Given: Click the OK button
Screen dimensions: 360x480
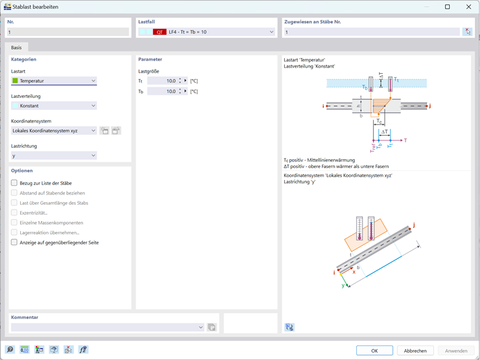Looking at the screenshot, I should coord(374,351).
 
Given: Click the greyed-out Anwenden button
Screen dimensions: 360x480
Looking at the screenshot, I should coord(456,351).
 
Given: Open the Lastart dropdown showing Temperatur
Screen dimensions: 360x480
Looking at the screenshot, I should coord(54,81).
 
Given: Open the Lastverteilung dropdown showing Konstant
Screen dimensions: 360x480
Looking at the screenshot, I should coord(54,105).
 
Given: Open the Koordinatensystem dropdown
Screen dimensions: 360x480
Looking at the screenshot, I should coord(54,131).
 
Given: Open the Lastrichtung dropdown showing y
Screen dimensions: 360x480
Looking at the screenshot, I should coord(54,155).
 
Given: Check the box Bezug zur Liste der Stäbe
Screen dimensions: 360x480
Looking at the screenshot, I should coord(15,183).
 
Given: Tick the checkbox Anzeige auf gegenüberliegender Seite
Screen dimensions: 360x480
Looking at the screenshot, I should coord(15,243).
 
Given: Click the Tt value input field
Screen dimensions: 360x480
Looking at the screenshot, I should coord(162,81).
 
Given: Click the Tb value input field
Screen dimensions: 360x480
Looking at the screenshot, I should coord(162,92).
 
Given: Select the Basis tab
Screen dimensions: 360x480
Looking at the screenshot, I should coord(16,47).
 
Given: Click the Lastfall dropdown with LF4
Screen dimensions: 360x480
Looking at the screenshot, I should coord(207,32).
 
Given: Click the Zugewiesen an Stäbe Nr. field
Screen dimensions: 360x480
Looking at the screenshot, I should coord(371,32).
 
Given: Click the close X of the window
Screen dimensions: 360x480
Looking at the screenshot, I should coord(469,7).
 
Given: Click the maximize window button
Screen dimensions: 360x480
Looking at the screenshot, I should coord(447,7).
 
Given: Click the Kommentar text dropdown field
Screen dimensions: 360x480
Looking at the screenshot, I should coord(104,327).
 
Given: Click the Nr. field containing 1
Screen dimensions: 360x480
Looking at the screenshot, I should coord(68,32).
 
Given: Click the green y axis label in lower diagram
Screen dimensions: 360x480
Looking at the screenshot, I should coord(344,285).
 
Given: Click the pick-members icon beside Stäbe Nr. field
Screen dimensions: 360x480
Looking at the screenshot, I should coord(467,32).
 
